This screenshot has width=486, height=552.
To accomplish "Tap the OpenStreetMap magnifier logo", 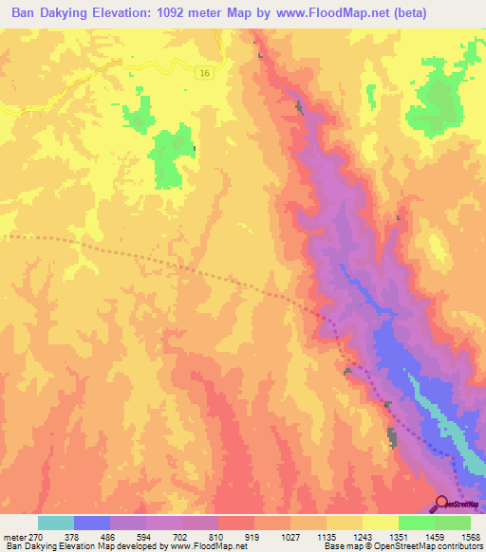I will coord(441,504).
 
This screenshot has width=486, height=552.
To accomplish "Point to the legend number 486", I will coord(109,537).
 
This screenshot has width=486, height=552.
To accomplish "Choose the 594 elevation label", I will coord(145,537).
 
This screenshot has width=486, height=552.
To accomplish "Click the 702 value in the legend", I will coord(181,537).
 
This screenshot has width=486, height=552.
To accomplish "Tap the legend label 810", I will coord(217,537).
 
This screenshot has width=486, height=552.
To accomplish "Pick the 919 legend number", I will coord(253,537).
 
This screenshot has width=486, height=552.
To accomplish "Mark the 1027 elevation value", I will coord(290,537).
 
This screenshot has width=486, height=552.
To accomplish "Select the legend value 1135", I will coord(326,537).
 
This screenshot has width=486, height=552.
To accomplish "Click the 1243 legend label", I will coord(362,537).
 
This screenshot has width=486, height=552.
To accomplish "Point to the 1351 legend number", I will coord(398,537).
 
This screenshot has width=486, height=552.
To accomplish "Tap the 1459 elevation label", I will coord(434,537).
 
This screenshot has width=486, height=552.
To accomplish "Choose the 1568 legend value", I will coord(469,537).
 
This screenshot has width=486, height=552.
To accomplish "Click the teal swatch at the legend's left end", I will coord(55,523).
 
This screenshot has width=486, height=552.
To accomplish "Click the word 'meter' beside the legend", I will coord(14,537).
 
